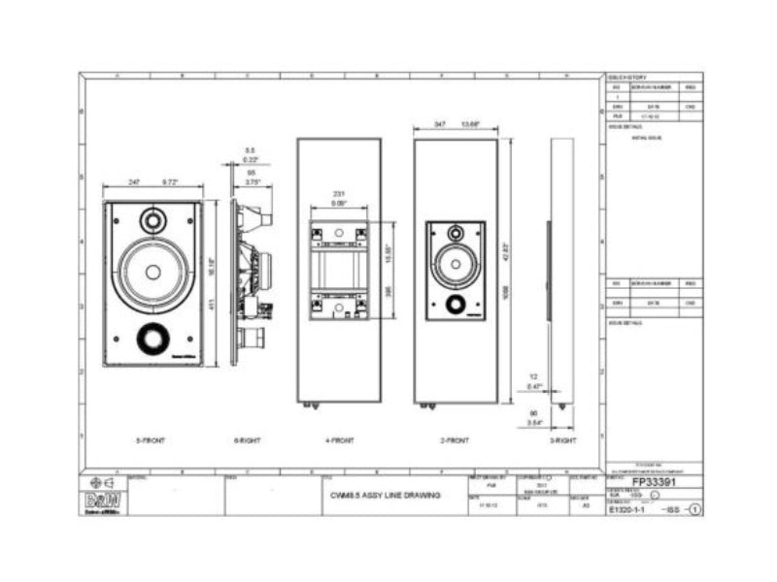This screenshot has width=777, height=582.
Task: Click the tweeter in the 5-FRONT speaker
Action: coord(152,220)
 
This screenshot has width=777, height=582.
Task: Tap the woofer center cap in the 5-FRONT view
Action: coord(152,273)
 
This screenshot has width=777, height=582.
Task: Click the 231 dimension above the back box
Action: coord(339,195)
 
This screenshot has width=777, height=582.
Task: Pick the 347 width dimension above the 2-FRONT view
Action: coord(440,125)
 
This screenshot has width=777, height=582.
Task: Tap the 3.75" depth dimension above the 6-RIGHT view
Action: coord(252,181)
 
